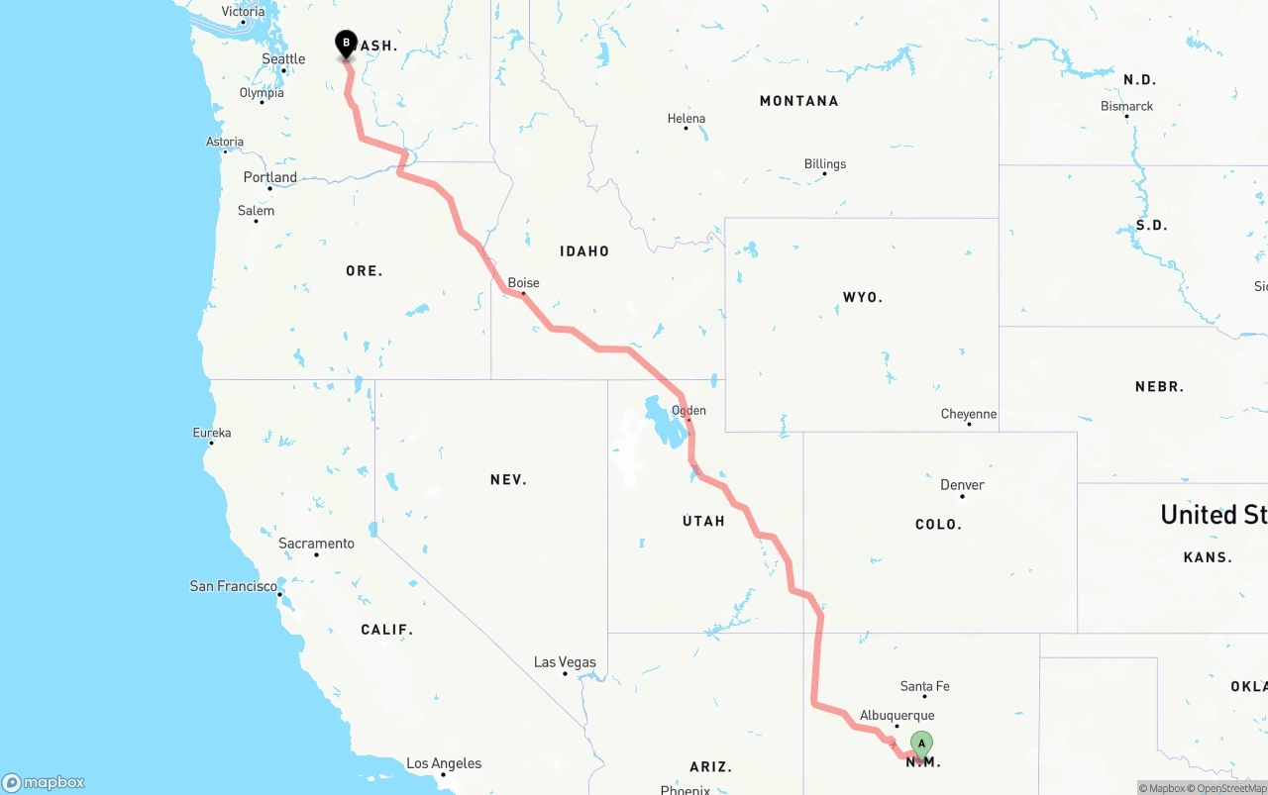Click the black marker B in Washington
click(346, 44)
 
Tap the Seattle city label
click(283, 59)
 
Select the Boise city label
click(523, 283)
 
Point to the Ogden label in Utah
click(688, 410)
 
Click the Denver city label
click(962, 485)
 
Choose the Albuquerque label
click(897, 716)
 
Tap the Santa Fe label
click(924, 686)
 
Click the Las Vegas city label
click(565, 662)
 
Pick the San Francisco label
click(234, 586)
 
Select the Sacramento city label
click(316, 544)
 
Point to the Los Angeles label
click(444, 763)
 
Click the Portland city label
click(269, 177)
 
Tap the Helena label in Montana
click(687, 119)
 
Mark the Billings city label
click(825, 164)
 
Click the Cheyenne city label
click(969, 414)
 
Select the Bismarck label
click(1126, 106)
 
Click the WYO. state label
click(862, 297)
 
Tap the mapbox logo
click(44, 783)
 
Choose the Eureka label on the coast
click(212, 433)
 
